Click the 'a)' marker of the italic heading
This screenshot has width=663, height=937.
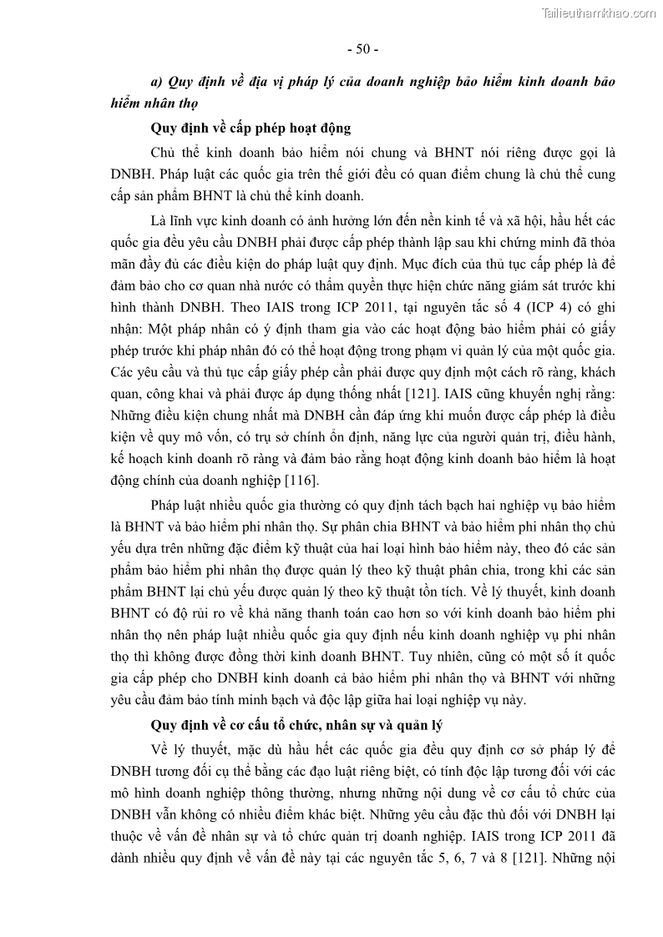tap(155, 83)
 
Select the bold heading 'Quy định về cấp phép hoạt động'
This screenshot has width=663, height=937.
tap(251, 128)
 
